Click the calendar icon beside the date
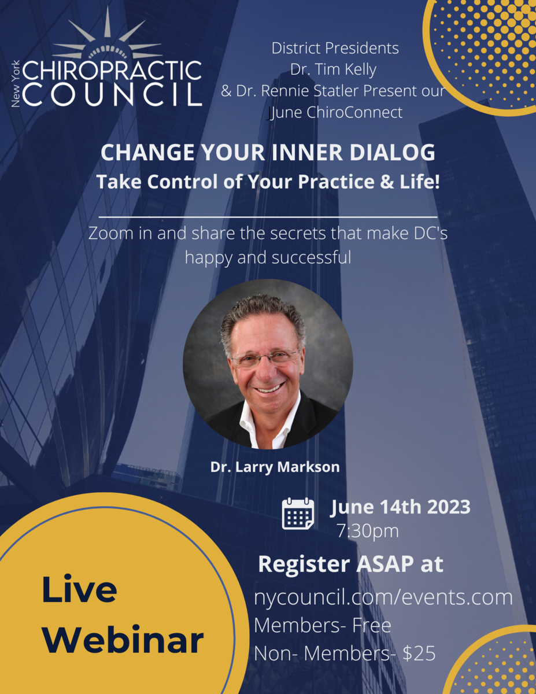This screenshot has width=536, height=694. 298,514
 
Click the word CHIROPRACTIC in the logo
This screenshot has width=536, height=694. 112,71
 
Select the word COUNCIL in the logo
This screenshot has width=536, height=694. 112,94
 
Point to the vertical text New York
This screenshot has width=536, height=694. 16,84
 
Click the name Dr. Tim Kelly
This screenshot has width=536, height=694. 334,69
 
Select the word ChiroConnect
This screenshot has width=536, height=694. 358,112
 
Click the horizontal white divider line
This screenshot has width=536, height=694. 268,216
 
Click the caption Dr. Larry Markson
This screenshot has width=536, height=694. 275,467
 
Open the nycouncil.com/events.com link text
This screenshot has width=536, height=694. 383,597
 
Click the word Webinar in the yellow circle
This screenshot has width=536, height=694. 124,641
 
